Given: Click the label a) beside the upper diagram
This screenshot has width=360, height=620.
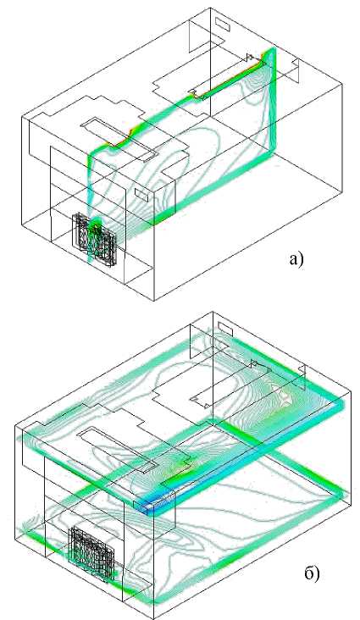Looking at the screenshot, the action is click(296, 260).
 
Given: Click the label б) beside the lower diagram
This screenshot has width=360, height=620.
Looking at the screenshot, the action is click(312, 573).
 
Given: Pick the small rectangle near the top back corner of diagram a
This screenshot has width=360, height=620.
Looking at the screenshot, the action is click(223, 23).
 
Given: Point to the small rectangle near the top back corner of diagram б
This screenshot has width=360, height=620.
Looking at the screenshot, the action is click(225, 328).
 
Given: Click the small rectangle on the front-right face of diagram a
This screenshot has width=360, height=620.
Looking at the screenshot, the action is click(141, 194).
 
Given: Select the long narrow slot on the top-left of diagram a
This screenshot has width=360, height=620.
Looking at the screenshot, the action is click(118, 138).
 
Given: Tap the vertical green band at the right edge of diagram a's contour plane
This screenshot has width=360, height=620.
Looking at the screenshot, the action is click(272, 102).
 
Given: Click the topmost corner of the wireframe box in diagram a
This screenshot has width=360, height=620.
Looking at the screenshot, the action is click(210, 8).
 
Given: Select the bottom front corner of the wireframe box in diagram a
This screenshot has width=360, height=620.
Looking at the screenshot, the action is click(154, 300).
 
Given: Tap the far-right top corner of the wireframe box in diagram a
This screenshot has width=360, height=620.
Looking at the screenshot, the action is click(342, 84).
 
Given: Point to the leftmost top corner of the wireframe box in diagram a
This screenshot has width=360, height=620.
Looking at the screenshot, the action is click(22, 118).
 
